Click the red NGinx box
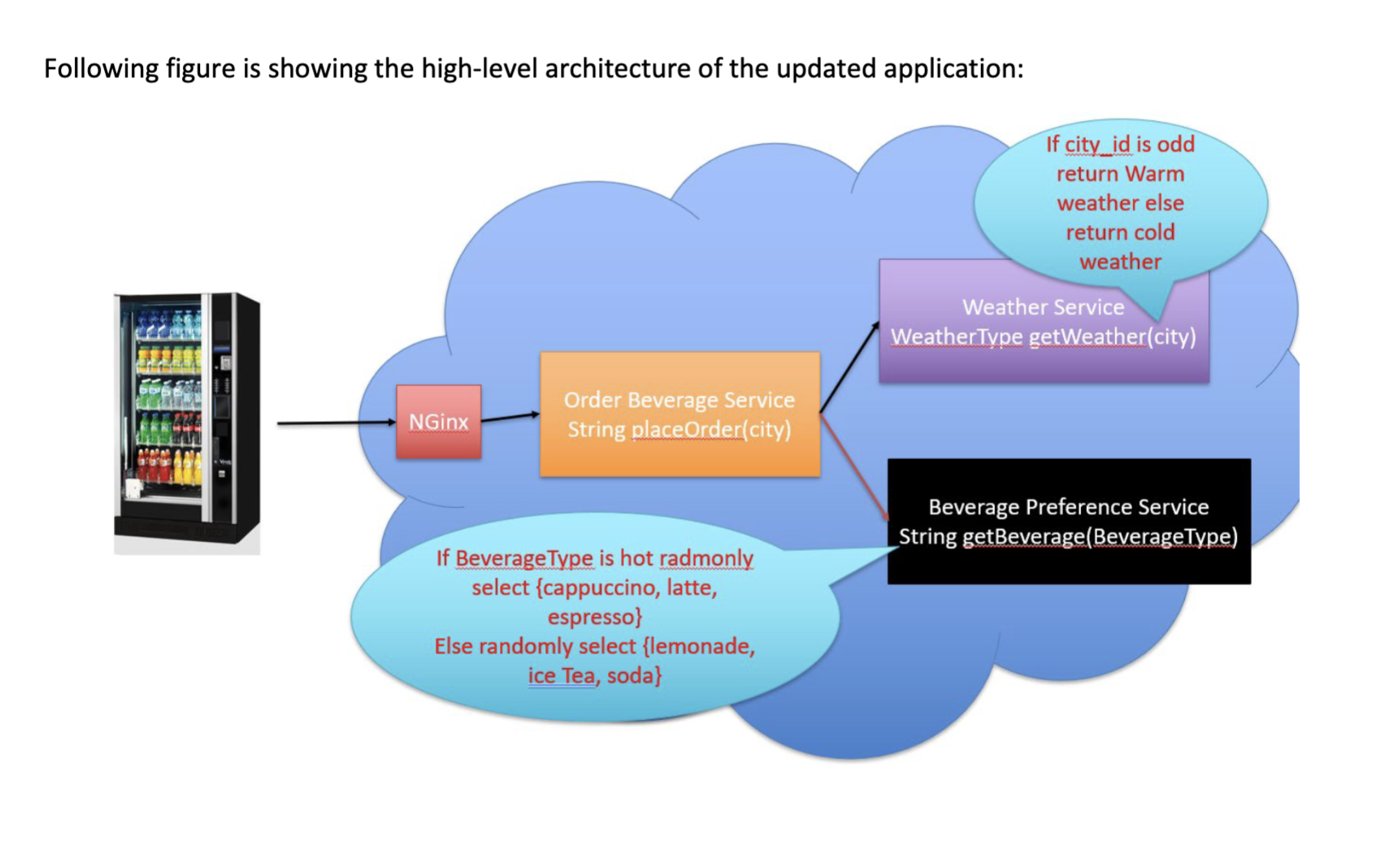click(438, 422)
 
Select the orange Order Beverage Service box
click(679, 414)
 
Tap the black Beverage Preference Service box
click(1068, 521)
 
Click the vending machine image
click(187, 423)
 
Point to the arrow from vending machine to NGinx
click(333, 423)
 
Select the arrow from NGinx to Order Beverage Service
click(510, 418)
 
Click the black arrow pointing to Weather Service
click(849, 367)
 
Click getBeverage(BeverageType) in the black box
click(1100, 536)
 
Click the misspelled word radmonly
click(706, 558)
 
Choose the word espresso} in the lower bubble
click(595, 617)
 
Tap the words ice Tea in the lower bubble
click(561, 675)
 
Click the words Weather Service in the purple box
click(1043, 307)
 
